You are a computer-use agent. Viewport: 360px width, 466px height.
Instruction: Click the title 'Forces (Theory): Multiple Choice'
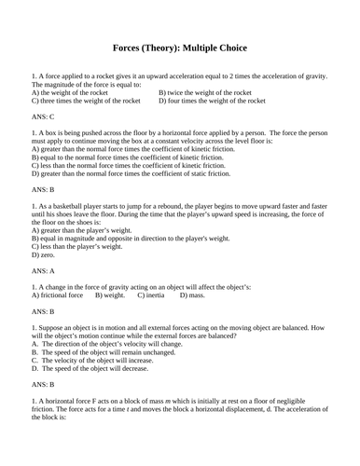tap(180, 47)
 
